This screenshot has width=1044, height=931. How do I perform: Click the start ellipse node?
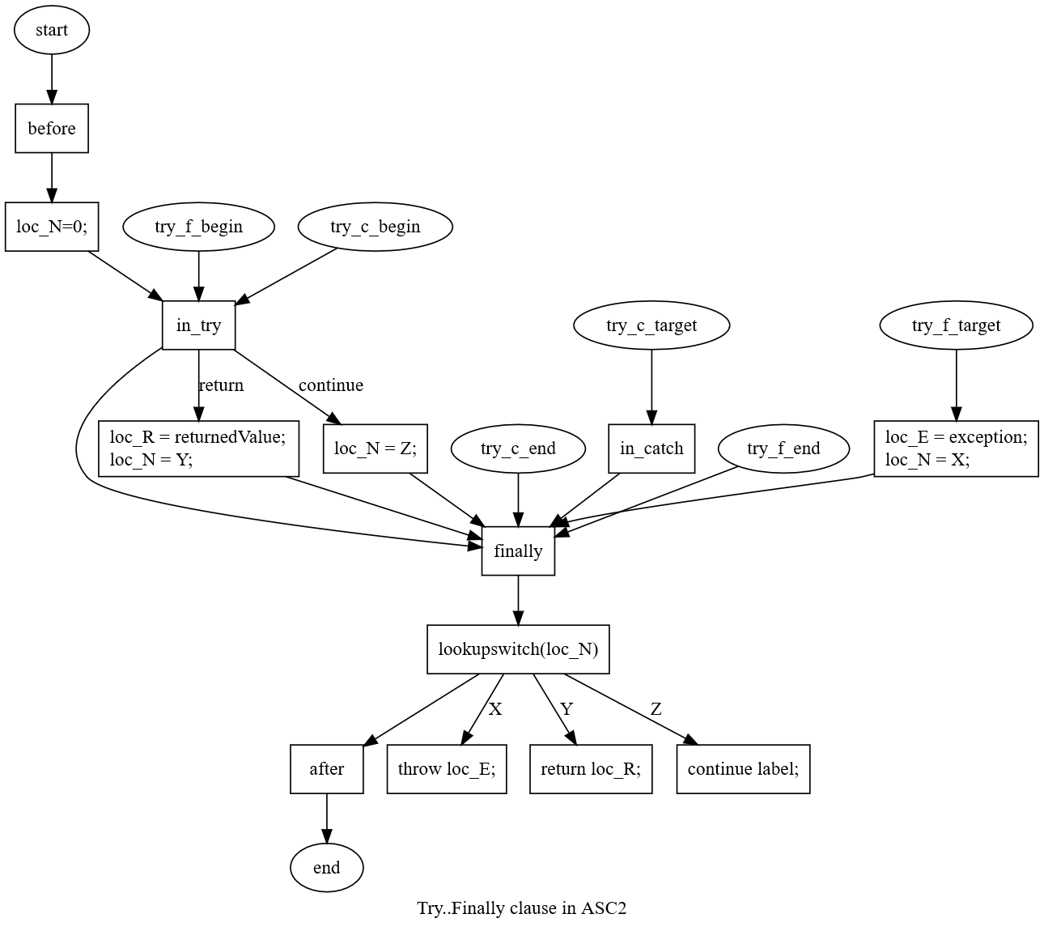click(x=52, y=30)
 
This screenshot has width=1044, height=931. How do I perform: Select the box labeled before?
click(x=52, y=129)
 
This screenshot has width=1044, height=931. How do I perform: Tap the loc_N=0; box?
click(x=52, y=227)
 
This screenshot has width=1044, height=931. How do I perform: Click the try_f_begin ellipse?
click(x=198, y=227)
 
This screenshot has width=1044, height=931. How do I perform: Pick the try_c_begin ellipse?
click(x=376, y=227)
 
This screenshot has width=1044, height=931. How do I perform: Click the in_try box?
click(x=198, y=325)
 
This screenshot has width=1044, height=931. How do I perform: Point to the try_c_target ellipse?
click(x=651, y=325)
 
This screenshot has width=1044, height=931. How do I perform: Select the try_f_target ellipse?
click(x=956, y=325)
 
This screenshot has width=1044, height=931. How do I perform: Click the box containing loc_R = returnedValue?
click(x=198, y=448)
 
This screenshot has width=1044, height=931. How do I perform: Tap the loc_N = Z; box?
click(x=376, y=448)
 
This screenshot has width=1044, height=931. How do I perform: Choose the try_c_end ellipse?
click(x=518, y=448)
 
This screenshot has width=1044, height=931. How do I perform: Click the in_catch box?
click(x=651, y=448)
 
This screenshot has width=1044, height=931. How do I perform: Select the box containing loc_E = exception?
click(x=956, y=448)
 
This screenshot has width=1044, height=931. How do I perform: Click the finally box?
click(x=518, y=551)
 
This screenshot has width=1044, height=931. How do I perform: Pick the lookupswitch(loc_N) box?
click(x=518, y=649)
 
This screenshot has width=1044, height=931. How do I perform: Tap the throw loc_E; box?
click(x=447, y=769)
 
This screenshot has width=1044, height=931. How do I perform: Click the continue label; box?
click(x=743, y=769)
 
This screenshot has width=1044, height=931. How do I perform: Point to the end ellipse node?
click(x=327, y=868)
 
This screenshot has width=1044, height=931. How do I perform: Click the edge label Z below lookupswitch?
click(x=656, y=709)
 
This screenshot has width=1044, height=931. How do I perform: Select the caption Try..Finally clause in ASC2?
click(x=521, y=908)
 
